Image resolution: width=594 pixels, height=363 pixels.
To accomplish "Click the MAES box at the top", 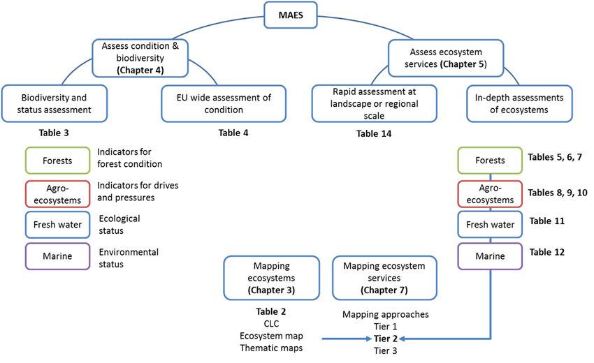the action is point(291,15).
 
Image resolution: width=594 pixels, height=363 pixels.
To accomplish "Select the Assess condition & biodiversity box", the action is point(140,58).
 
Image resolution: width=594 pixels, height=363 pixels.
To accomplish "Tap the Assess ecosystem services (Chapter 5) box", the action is point(446,58).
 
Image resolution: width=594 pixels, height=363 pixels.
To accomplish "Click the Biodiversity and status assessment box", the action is point(55,104).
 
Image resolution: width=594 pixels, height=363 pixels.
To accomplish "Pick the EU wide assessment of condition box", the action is point(224,104).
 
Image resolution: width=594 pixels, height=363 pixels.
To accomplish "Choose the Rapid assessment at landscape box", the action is point(374,103).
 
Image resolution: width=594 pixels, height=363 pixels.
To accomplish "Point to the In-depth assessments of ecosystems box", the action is point(519,104).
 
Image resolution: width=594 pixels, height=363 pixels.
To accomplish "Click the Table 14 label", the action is point(374,133).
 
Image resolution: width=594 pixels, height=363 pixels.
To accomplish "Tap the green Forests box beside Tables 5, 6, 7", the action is point(490,161).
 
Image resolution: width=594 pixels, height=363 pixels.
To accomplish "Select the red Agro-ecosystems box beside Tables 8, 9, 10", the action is point(490,194).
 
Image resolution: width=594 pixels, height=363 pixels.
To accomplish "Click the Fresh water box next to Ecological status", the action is point(57,225).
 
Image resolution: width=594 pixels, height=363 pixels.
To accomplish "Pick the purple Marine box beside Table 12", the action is point(490,256).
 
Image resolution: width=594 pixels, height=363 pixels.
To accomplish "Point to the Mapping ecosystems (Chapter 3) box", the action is point(271,278).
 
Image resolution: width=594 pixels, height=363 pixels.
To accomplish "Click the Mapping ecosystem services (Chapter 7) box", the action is point(384,278).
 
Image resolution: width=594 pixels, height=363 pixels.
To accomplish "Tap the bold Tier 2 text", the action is point(386,339).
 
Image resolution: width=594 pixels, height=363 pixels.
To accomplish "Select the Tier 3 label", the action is point(386,351).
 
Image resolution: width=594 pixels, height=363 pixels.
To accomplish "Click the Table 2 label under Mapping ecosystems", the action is point(271,311).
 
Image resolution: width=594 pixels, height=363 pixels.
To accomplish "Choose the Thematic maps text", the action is point(271,348).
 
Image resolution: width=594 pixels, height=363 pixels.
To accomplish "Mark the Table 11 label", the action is point(546,221).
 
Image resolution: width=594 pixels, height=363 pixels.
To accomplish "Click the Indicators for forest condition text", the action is point(129,158).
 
